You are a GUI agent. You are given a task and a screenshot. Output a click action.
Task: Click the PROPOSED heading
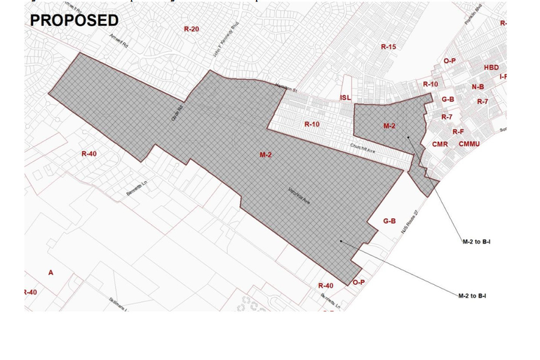pos(74,20)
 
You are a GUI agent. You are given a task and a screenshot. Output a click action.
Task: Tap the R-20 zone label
pos(191,29)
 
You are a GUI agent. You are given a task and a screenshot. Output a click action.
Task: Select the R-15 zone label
pos(388,47)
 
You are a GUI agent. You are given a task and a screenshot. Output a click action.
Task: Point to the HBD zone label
pos(491,68)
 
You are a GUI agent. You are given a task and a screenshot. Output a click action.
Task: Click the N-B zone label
pos(478,87)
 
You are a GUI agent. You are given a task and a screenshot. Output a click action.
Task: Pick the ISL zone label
pos(345,98)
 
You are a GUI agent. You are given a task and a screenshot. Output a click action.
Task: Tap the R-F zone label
pos(458,131)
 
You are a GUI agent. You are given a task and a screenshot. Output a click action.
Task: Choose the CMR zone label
pos(440,145)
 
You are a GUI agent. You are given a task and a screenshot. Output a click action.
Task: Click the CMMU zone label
pos(469,144)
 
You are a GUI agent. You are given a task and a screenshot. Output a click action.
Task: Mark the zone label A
pos(50,272)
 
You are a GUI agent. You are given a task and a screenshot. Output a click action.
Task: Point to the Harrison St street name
pos(287,88)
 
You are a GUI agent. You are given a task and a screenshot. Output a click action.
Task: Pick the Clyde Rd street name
pos(177,114)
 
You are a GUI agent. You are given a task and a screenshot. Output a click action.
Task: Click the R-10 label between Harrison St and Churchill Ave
pos(311,124)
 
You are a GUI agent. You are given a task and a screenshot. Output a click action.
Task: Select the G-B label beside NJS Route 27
pos(389,221)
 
